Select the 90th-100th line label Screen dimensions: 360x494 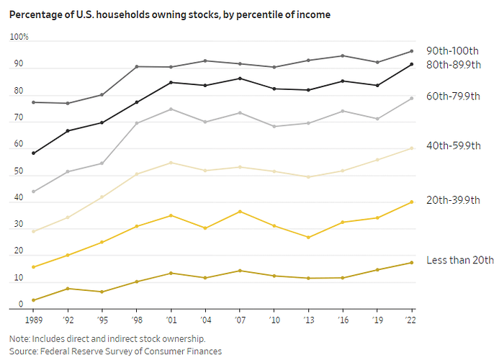[452, 50]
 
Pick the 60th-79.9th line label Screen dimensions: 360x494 [454, 96]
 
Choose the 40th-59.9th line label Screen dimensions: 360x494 [454, 146]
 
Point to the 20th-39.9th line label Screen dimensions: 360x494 [454, 200]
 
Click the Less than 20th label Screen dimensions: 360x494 [460, 260]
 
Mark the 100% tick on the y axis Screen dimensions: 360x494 [19, 37]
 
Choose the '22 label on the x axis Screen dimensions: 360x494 [411, 318]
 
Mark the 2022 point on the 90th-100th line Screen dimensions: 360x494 [411, 51]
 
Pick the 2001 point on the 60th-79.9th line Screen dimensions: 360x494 [170, 109]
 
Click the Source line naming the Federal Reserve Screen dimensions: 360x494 [115, 351]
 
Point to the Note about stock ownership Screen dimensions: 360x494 [107, 338]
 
